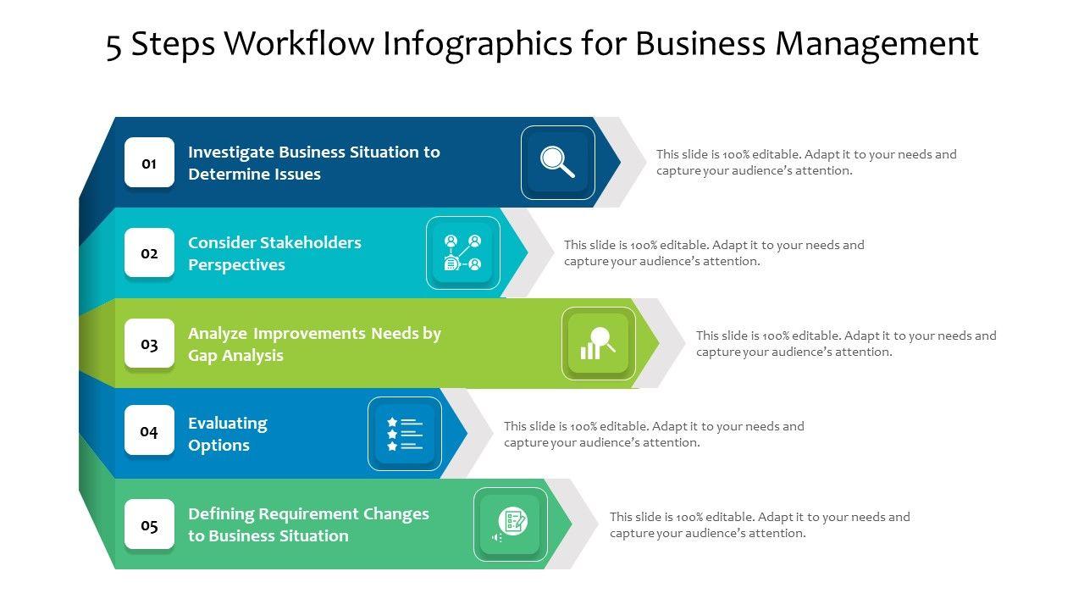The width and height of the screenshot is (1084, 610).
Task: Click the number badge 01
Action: click(x=149, y=163)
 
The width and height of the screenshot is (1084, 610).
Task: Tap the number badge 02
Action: click(x=149, y=253)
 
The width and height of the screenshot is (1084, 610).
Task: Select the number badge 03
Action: click(x=149, y=344)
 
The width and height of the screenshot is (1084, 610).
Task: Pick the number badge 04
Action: click(x=149, y=431)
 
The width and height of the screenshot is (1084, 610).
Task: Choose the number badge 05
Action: click(x=149, y=525)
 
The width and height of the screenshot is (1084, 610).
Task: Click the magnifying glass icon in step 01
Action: click(x=557, y=162)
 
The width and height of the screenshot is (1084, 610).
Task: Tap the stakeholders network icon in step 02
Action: click(x=462, y=252)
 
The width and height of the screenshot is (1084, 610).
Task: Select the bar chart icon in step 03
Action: click(x=598, y=343)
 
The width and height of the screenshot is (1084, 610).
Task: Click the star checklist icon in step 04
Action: click(x=404, y=433)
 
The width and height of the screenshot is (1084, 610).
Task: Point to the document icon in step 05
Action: click(x=511, y=524)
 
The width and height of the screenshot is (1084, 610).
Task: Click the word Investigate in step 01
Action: click(x=231, y=152)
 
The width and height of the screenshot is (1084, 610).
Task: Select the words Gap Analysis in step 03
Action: click(x=235, y=356)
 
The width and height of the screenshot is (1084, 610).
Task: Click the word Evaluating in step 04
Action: click(x=227, y=424)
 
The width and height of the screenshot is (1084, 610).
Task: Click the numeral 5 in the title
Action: click(x=114, y=46)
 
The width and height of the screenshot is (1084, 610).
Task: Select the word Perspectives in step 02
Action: click(x=236, y=265)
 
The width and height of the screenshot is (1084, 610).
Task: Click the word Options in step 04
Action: click(x=218, y=446)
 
